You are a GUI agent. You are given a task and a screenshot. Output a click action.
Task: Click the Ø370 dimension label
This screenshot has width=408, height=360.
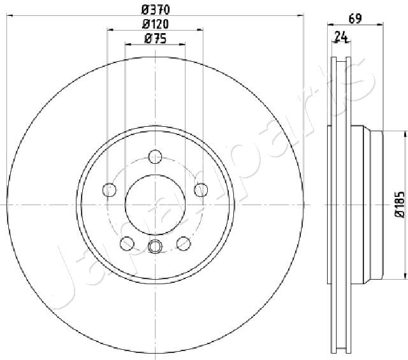(156, 10)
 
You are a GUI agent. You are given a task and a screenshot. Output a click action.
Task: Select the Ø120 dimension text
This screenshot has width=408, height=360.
(156, 24)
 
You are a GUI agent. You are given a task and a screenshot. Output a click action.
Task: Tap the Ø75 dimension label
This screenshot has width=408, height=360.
(156, 39)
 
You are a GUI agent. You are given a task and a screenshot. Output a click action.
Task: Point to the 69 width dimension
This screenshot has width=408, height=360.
(355, 18)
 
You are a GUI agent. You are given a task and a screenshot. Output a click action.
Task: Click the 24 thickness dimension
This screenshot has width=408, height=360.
(341, 37)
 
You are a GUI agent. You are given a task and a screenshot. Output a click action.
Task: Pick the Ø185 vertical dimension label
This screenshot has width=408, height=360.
(400, 204)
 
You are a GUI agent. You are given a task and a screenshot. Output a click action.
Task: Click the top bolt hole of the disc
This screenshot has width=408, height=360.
(155, 157)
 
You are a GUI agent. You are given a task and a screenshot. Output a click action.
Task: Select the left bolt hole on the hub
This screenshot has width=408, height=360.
(110, 190)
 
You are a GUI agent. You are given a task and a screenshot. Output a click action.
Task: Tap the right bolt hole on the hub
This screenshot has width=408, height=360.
(201, 190)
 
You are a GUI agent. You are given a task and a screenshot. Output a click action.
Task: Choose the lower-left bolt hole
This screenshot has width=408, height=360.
(127, 244)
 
